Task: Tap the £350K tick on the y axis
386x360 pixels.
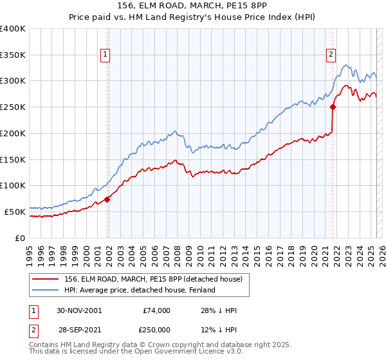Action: coord(13,55)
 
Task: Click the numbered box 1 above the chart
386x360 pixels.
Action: coord(105,55)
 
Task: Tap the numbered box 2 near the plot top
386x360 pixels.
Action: coord(331,55)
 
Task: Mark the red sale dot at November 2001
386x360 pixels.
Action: coord(107,199)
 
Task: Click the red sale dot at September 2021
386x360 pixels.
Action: coord(333,107)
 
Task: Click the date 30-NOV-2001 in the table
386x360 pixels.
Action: coord(80,310)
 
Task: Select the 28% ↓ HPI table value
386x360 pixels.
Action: coord(219,310)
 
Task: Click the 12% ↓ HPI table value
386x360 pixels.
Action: coord(219,330)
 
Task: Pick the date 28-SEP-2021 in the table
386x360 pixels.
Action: coord(80,330)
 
